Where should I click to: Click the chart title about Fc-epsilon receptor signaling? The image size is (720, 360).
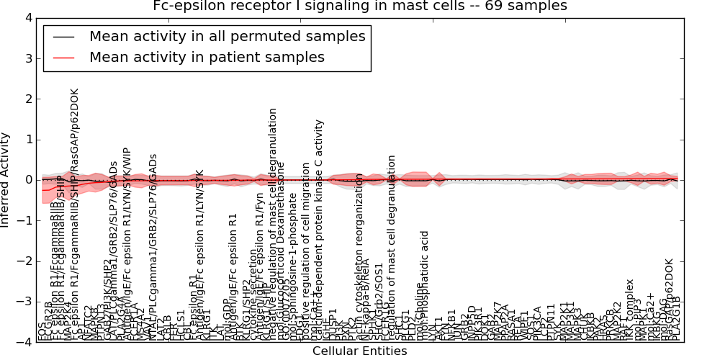point(359,6)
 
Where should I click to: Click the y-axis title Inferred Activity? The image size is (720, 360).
point(6,180)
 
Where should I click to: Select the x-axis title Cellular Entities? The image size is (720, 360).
point(359,351)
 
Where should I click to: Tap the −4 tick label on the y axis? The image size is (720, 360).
point(24,343)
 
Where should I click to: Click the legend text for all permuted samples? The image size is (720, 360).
point(228,37)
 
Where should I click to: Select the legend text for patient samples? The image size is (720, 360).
point(207,58)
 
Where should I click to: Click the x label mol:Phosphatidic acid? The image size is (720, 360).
point(426,284)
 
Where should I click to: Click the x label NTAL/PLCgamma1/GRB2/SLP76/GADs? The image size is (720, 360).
point(153,245)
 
